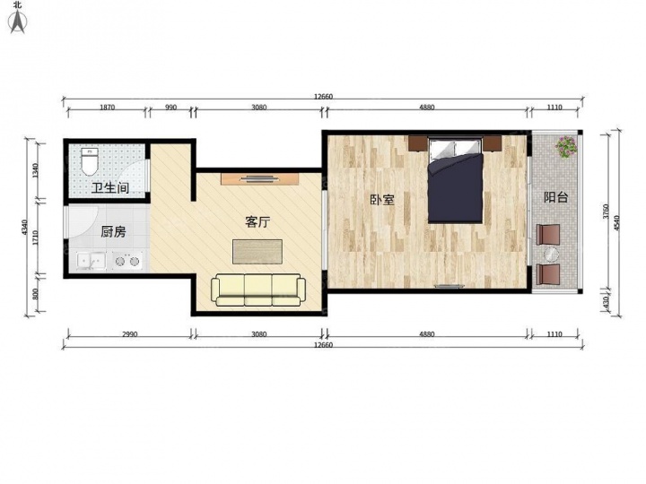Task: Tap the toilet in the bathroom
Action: tap(89, 161)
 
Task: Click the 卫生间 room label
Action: tap(110, 188)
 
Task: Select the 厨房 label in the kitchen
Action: tap(113, 232)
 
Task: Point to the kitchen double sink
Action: tap(91, 261)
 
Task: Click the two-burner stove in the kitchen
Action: tap(127, 261)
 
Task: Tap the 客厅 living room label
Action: tap(258, 222)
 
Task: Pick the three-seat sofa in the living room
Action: tap(258, 290)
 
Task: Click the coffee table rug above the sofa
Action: tap(258, 252)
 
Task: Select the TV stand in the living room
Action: tap(259, 178)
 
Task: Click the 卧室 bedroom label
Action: tap(382, 200)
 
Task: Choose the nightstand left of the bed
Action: tap(418, 143)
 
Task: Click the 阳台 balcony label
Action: tap(555, 197)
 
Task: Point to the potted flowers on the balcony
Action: tap(565, 146)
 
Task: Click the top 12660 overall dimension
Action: tap(323, 97)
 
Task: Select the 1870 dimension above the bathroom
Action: tap(107, 108)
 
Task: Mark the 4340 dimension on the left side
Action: tap(24, 228)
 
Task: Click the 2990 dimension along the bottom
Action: tap(129, 334)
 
